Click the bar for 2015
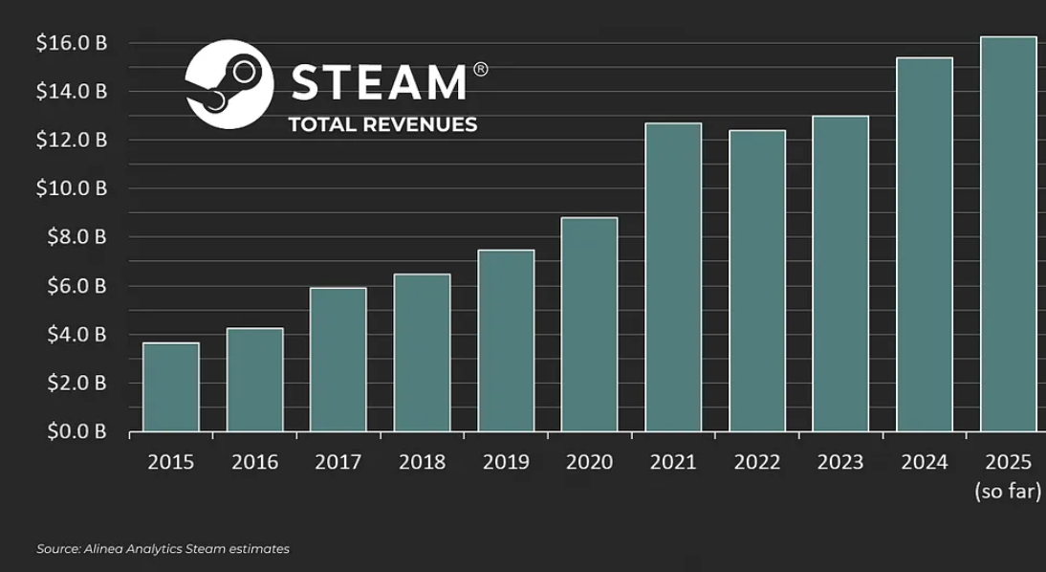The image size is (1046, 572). (x=171, y=387)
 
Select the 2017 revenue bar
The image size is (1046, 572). (x=338, y=360)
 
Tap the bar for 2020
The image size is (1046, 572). (x=589, y=324)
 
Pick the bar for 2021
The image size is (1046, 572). (x=673, y=277)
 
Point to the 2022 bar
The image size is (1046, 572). (x=757, y=281)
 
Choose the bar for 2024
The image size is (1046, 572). (x=925, y=244)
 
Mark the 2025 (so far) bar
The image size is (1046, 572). (x=1009, y=233)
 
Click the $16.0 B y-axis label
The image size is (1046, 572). (x=72, y=43)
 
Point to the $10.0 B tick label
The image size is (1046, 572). (x=72, y=188)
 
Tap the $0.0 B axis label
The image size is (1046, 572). (x=76, y=431)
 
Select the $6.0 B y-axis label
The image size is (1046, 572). (x=76, y=286)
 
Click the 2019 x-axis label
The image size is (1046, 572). (x=506, y=462)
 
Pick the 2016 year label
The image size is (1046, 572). (x=255, y=462)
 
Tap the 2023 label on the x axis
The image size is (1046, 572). (x=840, y=462)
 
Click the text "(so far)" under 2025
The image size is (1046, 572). (x=1008, y=492)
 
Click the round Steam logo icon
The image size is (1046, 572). (x=229, y=84)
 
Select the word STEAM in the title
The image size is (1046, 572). (x=379, y=82)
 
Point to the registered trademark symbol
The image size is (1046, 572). (x=480, y=70)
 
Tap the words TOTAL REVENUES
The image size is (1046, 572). (x=382, y=124)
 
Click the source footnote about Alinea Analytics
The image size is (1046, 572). (x=163, y=549)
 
